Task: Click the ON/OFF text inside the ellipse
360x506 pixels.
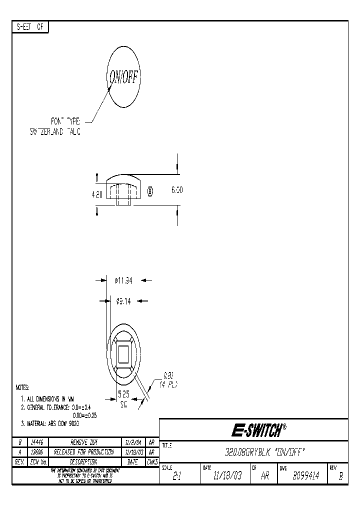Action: pos(124,77)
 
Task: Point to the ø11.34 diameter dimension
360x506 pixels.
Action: pos(123,281)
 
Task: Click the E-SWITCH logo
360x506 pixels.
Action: pos(258,430)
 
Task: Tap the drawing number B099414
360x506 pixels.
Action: pos(306,476)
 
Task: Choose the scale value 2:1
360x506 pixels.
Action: pos(176,477)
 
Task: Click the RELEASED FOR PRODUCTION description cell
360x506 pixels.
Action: pos(87,452)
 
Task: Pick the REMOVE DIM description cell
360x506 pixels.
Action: pos(87,442)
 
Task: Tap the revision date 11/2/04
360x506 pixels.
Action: pos(133,442)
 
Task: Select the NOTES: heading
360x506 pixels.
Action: pos(22,387)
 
